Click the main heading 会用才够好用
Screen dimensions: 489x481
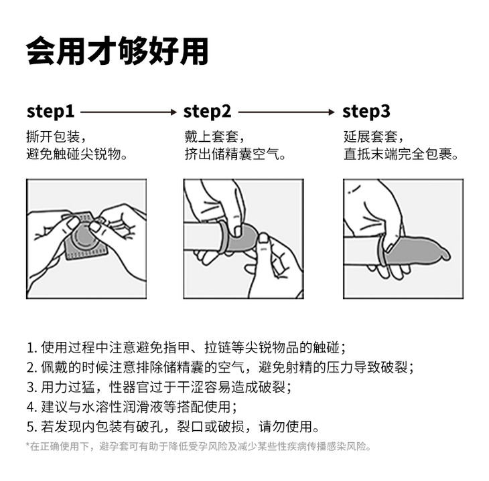(117, 51)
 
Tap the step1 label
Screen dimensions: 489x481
(50, 112)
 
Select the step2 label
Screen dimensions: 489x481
(208, 112)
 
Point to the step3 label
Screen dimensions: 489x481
(366, 112)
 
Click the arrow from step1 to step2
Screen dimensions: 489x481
(129, 112)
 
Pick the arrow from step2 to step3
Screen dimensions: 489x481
(287, 112)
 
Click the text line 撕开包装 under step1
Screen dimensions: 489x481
(56, 136)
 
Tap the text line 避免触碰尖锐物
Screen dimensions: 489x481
(77, 154)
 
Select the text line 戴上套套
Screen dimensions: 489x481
(214, 136)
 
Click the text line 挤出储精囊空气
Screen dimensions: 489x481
(235, 154)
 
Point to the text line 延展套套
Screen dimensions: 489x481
(374, 136)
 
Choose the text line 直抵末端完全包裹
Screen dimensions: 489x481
(401, 154)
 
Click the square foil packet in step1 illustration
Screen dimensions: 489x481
(86, 237)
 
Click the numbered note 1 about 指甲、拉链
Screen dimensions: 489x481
(186, 348)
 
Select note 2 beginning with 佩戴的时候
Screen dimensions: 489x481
(220, 367)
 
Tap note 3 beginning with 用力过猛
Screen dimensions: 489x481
(159, 387)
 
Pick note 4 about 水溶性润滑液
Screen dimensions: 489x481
(132, 407)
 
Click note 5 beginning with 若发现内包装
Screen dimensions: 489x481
(173, 427)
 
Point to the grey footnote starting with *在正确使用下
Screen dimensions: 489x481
(199, 446)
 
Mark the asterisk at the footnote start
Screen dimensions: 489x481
(27, 445)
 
